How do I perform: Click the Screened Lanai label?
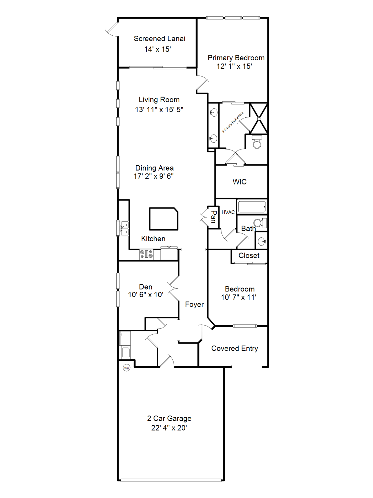pyautogui.click(x=159, y=39)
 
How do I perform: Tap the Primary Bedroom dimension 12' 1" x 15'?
pyautogui.click(x=234, y=66)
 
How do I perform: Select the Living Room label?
pyautogui.click(x=159, y=100)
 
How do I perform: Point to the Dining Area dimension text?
pyautogui.click(x=153, y=176)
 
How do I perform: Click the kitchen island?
pyautogui.click(x=164, y=219)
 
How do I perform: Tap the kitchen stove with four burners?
pyautogui.click(x=146, y=254)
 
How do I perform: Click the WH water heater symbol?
pyautogui.click(x=127, y=368)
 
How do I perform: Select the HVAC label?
pyautogui.click(x=228, y=212)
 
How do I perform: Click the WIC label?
pyautogui.click(x=240, y=182)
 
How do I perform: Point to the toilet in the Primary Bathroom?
pyautogui.click(x=257, y=142)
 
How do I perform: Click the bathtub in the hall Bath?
pyautogui.click(x=252, y=207)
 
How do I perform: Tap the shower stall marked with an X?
pyautogui.click(x=259, y=118)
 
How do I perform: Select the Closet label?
pyautogui.click(x=249, y=255)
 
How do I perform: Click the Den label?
pyautogui.click(x=146, y=287)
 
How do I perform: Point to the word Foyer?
pyautogui.click(x=194, y=304)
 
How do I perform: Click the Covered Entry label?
pyautogui.click(x=234, y=349)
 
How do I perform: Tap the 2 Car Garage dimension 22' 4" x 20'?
pyautogui.click(x=169, y=428)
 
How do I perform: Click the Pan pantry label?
pyautogui.click(x=213, y=217)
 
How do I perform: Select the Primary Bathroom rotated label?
pyautogui.click(x=233, y=122)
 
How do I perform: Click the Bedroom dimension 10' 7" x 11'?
pyautogui.click(x=239, y=297)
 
